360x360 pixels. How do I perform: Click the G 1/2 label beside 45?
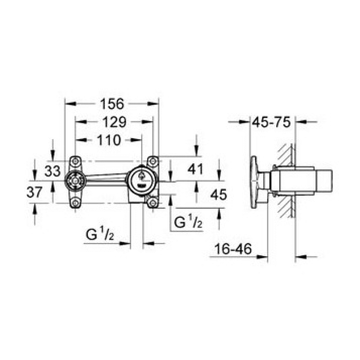tap(187, 222)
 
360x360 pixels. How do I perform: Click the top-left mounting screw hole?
tap(75, 161)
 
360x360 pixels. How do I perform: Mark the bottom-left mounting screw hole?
tap(75, 203)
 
